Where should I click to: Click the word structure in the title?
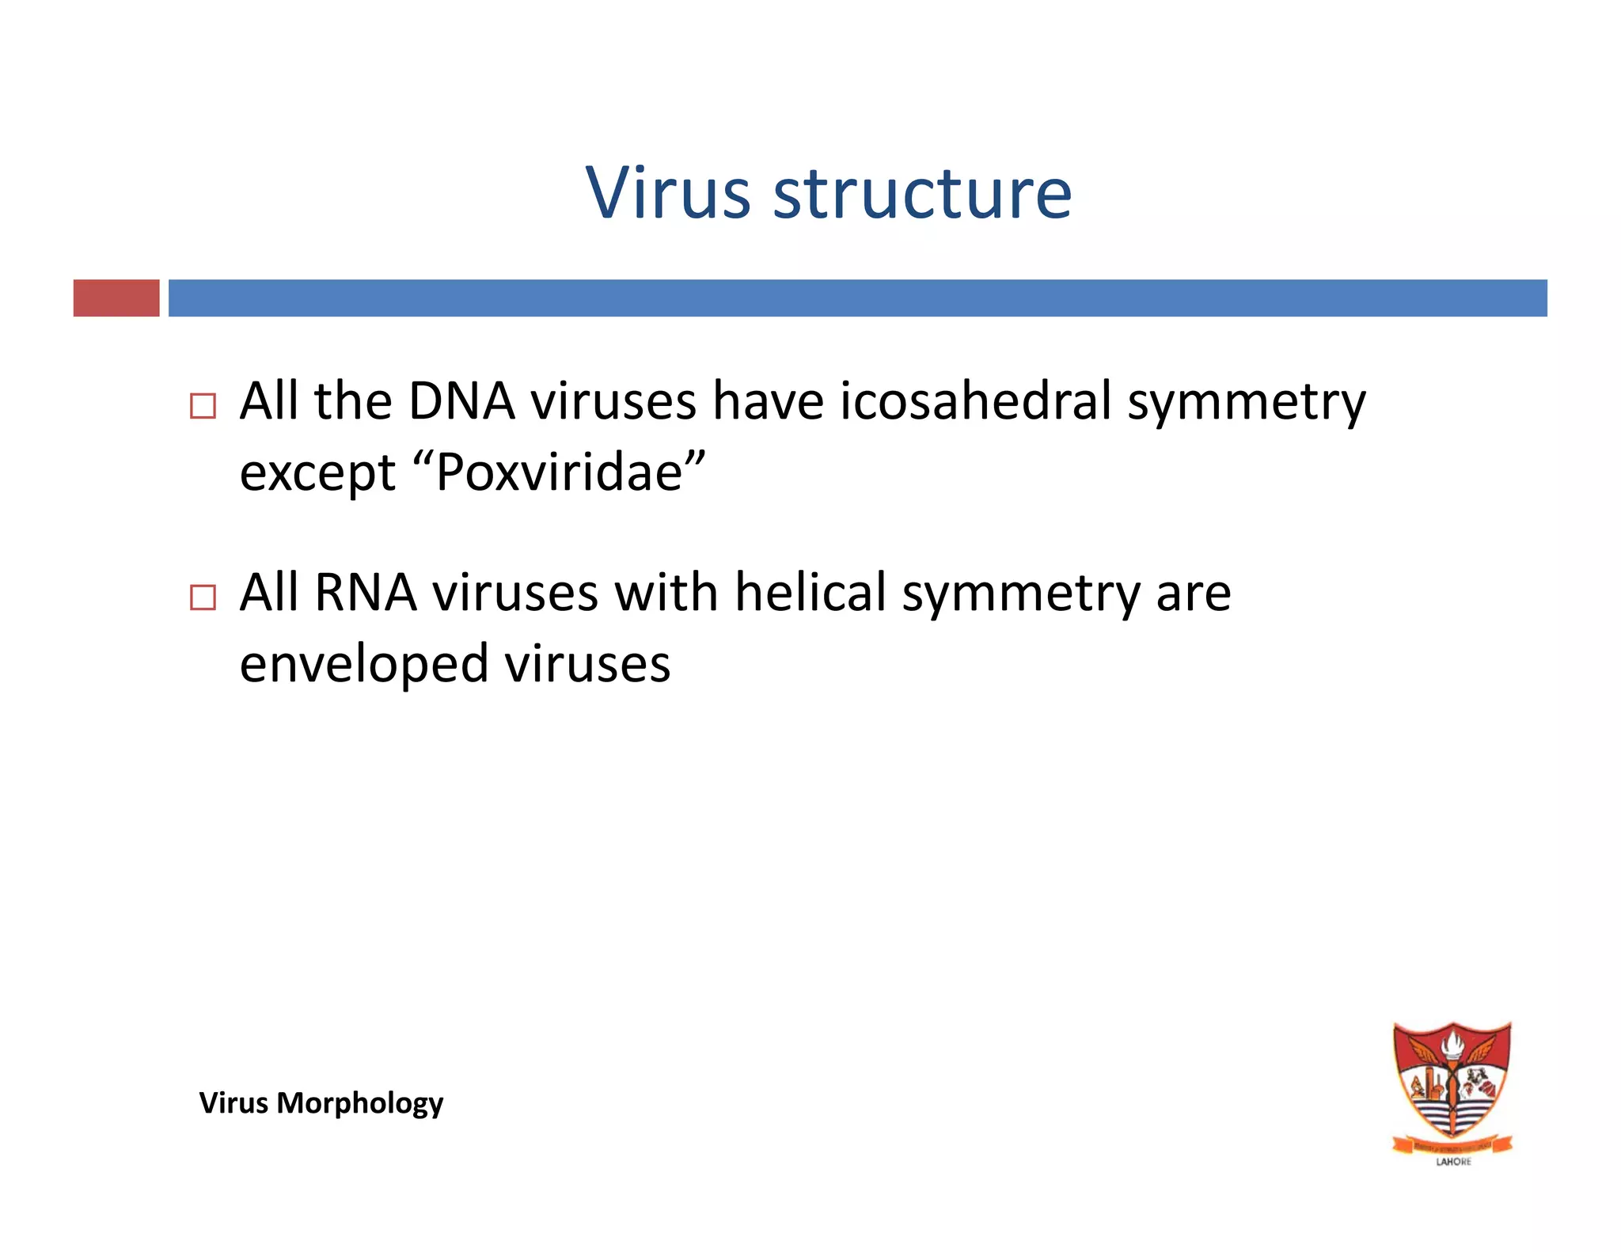point(922,194)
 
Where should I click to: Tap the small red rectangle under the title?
point(116,298)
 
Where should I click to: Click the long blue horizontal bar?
point(857,298)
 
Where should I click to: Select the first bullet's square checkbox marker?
point(203,406)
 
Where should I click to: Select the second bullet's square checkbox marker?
point(203,597)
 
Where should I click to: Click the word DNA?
point(461,400)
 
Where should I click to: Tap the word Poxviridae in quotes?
point(559,472)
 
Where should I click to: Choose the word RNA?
point(366,592)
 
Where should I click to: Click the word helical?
point(810,592)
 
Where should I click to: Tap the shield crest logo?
point(1452,1083)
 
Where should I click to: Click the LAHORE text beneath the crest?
point(1453,1162)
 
